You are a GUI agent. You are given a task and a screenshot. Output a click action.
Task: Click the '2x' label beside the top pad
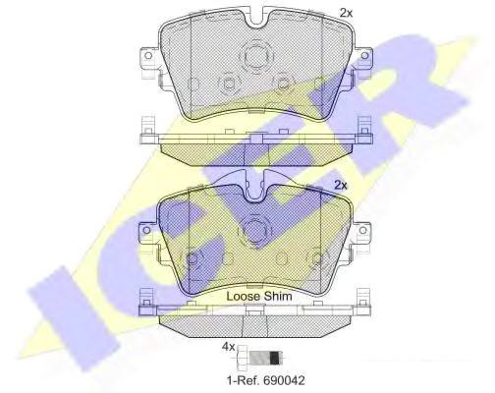pos(346,13)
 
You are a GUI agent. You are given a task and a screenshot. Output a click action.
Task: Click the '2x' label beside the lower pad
pos(341,186)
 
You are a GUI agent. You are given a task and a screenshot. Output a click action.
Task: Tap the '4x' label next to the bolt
pos(229,347)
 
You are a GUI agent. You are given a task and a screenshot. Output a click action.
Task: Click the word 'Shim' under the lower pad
pos(278,296)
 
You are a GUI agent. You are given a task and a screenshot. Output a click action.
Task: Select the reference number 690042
pos(283,380)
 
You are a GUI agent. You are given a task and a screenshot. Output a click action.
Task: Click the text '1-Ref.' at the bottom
pos(242,380)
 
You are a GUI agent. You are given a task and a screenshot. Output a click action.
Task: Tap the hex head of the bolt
pos(243,357)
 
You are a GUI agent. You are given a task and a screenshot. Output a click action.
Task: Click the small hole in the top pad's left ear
pos(148,55)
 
